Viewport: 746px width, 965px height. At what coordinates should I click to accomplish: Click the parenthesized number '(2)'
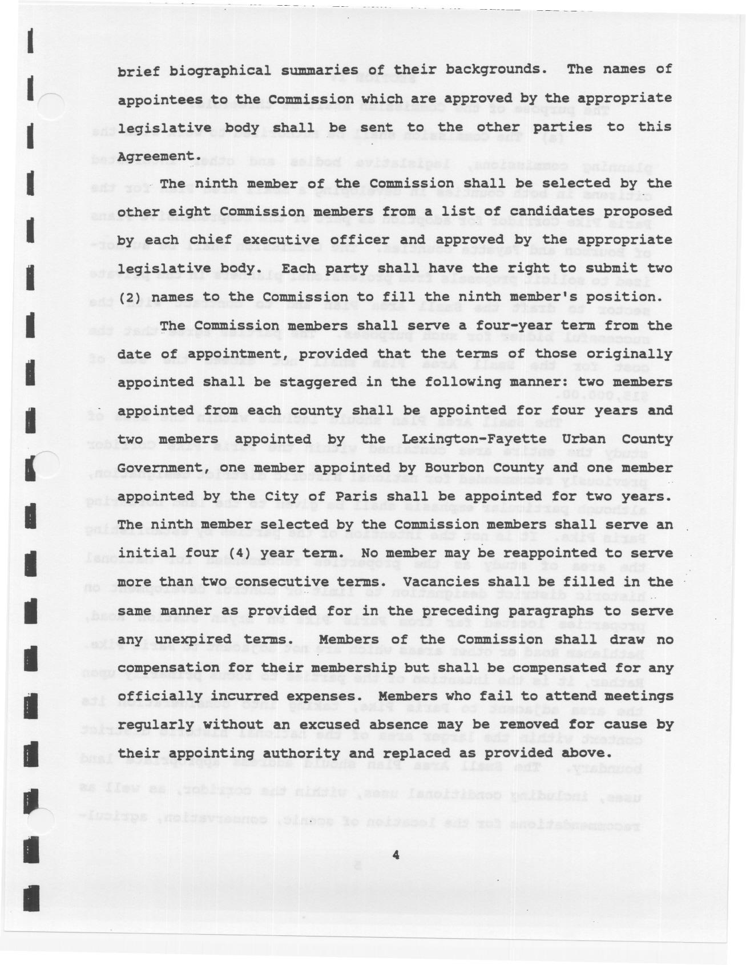click(x=129, y=297)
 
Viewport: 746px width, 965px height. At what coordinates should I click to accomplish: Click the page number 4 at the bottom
click(x=396, y=855)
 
